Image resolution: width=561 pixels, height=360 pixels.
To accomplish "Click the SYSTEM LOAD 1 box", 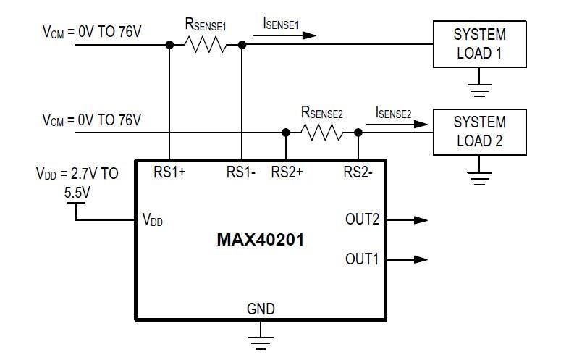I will [479, 44].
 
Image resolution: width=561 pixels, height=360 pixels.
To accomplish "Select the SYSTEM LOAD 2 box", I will [479, 131].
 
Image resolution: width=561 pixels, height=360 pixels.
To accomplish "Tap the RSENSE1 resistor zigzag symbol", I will [206, 45].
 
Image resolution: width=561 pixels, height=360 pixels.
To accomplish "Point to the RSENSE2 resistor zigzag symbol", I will [322, 133].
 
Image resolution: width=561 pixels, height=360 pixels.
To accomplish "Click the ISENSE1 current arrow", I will [290, 35].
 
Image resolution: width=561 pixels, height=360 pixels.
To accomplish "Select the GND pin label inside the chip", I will [261, 309].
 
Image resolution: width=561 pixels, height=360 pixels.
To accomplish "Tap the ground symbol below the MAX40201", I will [261, 335].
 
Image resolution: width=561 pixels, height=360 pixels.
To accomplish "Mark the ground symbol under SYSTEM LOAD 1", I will [479, 88].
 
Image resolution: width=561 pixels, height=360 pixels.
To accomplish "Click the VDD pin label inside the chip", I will [153, 221].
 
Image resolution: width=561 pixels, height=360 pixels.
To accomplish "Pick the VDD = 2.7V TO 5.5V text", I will [77, 181].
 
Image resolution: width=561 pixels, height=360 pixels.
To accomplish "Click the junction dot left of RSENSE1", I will [169, 45].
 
